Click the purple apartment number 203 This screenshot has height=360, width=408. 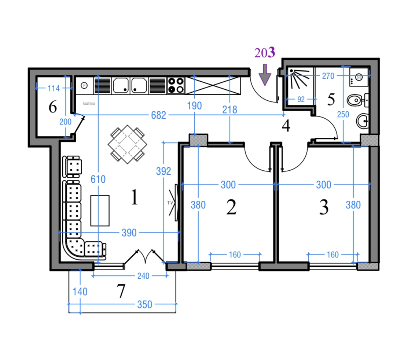tap(265, 52)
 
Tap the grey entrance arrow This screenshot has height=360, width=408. tap(265, 75)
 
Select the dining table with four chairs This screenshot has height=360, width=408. tap(128, 144)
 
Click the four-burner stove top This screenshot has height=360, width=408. tap(176, 85)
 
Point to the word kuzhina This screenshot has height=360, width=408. tap(89, 103)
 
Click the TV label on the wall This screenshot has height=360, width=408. tap(170, 203)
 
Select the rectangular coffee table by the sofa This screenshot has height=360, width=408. tap(100, 211)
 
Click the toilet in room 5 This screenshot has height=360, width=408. tap(357, 100)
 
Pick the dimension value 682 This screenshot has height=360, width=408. tap(158, 115)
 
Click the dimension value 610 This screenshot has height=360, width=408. tap(98, 179)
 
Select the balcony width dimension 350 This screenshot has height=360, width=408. tap(145, 304)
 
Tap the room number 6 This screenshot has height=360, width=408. tap(53, 107)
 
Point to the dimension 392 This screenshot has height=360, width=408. tap(163, 171)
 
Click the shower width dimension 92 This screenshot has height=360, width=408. tap(301, 99)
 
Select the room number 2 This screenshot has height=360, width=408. tap(231, 207)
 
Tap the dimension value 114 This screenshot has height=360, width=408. tap(54, 88)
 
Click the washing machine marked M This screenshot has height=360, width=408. tap(359, 77)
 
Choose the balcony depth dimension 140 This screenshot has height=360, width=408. tap(80, 292)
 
